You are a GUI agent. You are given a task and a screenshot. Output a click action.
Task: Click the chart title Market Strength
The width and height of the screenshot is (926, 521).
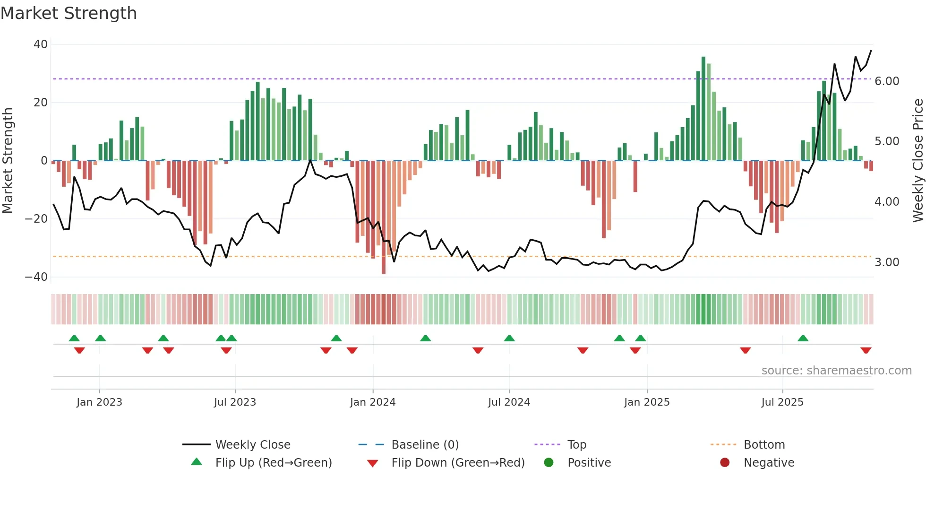pyautogui.click(x=69, y=13)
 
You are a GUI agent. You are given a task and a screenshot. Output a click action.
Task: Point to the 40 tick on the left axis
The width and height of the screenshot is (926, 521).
pyautogui.click(x=41, y=44)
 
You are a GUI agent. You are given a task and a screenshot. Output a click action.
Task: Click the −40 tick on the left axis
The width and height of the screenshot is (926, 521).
pyautogui.click(x=36, y=277)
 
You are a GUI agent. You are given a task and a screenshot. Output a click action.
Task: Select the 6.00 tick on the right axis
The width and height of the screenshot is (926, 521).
pyautogui.click(x=887, y=81)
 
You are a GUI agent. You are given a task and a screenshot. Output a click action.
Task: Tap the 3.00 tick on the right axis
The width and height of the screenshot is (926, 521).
pyautogui.click(x=887, y=262)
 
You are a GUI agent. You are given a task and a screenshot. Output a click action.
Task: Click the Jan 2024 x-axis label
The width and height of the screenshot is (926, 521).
pyautogui.click(x=373, y=402)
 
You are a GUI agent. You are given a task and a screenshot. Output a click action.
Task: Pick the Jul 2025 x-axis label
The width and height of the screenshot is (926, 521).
pyautogui.click(x=782, y=402)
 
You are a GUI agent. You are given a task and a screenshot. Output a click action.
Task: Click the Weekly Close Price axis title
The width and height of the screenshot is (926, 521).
pyautogui.click(x=917, y=160)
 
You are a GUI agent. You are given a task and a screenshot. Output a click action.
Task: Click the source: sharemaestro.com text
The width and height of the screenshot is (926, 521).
pyautogui.click(x=836, y=371)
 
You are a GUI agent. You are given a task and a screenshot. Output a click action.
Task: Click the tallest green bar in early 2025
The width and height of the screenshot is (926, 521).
pyautogui.click(x=703, y=109)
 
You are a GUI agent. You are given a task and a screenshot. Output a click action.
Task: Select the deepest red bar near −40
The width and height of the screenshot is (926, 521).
pyautogui.click(x=384, y=217)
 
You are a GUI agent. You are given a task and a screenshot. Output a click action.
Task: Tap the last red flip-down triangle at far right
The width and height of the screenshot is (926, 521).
pyautogui.click(x=866, y=350)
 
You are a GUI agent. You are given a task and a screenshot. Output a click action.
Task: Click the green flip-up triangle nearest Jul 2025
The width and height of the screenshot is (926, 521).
pyautogui.click(x=803, y=338)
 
